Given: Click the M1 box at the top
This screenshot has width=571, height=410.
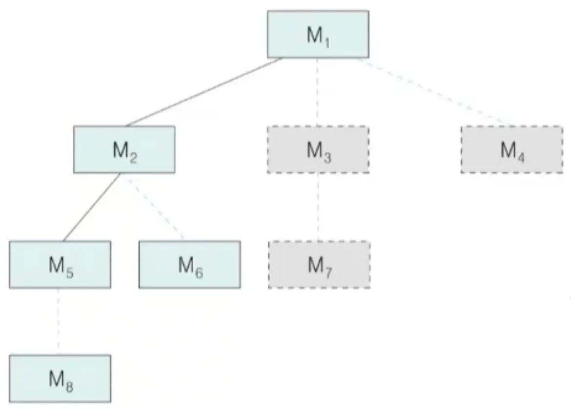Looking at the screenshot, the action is tap(318, 34).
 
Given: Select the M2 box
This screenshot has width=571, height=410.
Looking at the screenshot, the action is tap(124, 149).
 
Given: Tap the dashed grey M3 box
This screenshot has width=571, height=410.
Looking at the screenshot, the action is tap(318, 149).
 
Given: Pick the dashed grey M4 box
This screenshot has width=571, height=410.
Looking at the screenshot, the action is tap(511, 149).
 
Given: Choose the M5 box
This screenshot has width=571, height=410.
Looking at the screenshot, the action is tap(60, 265).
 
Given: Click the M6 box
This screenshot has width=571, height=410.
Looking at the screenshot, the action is tap(189, 265).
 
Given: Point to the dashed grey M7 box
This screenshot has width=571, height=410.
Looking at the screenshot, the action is tap(319, 265).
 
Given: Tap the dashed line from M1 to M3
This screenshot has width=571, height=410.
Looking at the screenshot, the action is tap(318, 92).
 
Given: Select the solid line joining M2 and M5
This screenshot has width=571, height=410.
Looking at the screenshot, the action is tap(91, 207).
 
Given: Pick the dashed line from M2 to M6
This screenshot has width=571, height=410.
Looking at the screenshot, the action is tap(155, 207).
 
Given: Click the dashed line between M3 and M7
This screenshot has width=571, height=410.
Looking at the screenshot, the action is tap(318, 207).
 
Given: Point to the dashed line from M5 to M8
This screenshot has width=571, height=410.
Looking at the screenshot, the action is tap(59, 321).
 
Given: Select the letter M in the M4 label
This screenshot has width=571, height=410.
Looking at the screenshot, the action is tap(508, 149).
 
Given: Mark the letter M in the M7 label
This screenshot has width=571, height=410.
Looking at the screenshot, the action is tap(315, 265).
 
